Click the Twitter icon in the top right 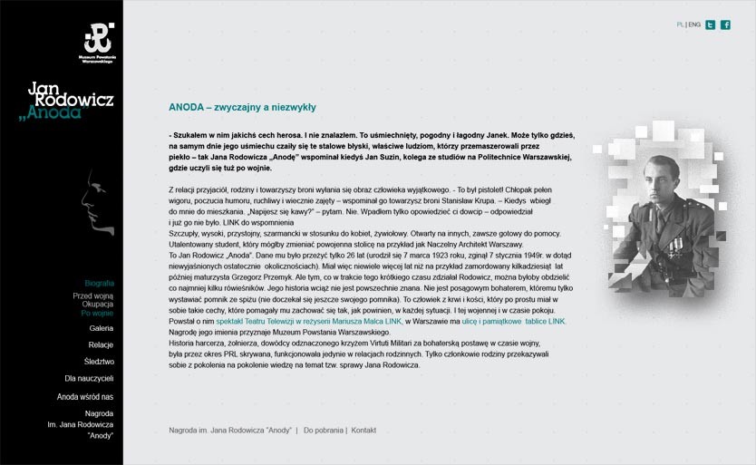tap(711, 24)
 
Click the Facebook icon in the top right tap(725, 24)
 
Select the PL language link tap(680, 24)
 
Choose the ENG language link tap(694, 24)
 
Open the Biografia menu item tap(99, 284)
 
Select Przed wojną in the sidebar tap(93, 295)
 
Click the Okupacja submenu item tap(98, 305)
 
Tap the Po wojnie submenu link tap(97, 314)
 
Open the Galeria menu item tap(102, 328)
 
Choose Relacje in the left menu tap(101, 345)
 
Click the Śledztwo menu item tap(99, 362)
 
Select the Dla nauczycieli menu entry tap(89, 378)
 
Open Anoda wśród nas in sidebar tap(85, 396)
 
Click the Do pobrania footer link tap(324, 430)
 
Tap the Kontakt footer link tap(363, 430)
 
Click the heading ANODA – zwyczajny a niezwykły tap(242, 107)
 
